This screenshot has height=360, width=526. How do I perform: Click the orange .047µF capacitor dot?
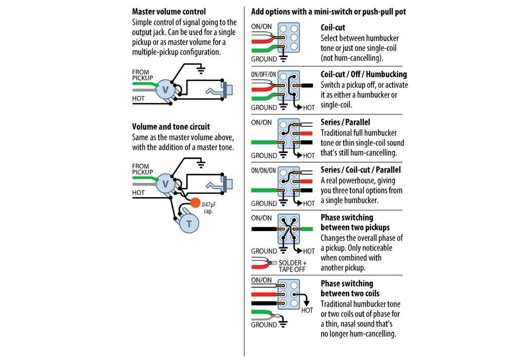pos(195,202)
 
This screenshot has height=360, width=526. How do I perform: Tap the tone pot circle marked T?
pos(189,223)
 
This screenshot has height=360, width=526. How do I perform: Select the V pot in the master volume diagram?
pos(165,90)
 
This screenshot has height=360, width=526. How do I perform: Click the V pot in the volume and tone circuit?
pos(165,183)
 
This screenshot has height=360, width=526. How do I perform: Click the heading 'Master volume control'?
pos(169,11)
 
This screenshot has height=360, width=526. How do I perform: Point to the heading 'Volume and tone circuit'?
pos(171,126)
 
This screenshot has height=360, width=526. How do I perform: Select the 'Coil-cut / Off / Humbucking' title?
pos(364,74)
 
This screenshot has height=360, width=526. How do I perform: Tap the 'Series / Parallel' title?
pos(345,122)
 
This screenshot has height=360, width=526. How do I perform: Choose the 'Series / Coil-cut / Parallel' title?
pos(361,170)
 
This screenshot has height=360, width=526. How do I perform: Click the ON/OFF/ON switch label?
pos(264,74)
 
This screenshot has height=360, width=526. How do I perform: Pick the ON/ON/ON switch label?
pos(264,170)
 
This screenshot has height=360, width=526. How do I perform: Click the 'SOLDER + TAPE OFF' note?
pos(292,266)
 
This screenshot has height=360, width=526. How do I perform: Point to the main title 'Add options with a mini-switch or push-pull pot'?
pos(328,11)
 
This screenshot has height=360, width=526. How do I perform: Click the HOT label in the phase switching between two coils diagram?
pos(307,310)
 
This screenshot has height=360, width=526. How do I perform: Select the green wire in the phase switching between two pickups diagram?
pos(306,229)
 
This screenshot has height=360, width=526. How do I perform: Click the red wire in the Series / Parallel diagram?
pos(306,133)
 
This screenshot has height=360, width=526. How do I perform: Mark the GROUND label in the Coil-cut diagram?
pos(264,59)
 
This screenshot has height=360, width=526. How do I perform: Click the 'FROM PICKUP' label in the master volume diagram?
pos(142,74)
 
